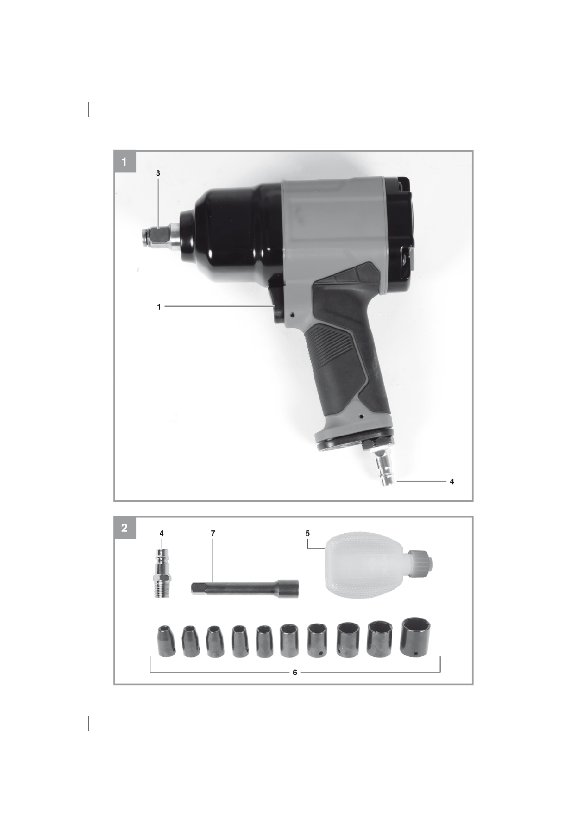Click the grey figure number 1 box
(125, 162)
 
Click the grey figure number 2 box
(125, 528)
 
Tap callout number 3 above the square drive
(158, 173)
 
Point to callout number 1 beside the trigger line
(159, 307)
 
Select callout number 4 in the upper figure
(452, 481)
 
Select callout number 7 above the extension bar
(213, 533)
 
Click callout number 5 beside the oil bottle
(308, 533)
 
